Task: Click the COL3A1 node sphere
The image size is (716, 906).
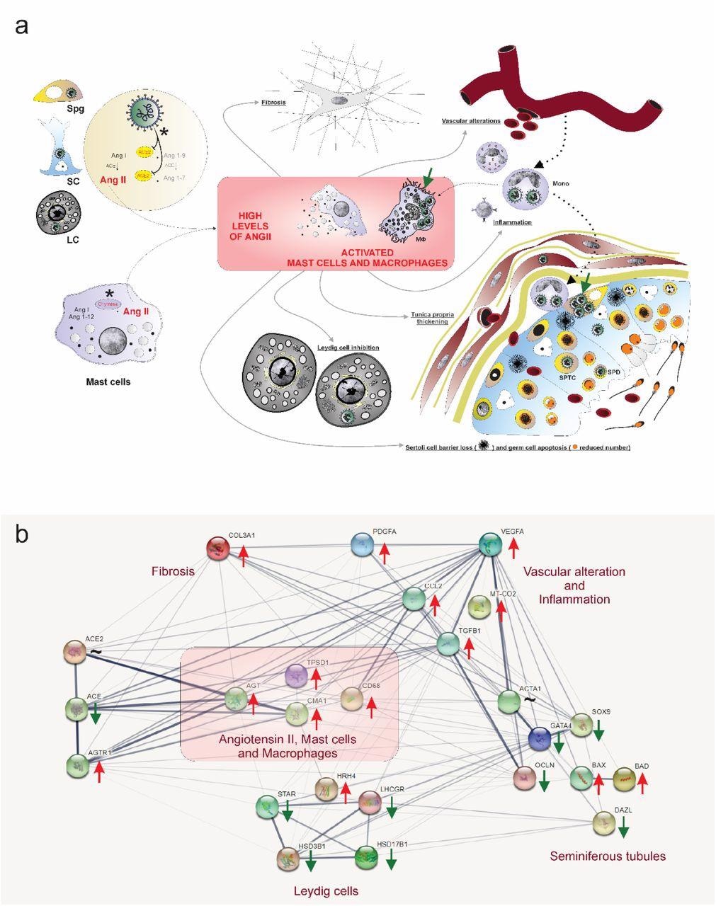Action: (219, 548)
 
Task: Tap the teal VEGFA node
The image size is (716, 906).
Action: (490, 544)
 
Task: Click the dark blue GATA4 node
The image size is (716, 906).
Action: (541, 739)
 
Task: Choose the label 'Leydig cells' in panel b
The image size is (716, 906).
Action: (326, 890)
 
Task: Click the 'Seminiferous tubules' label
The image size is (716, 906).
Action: (608, 856)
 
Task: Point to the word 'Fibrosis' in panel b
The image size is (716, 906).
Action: (173, 570)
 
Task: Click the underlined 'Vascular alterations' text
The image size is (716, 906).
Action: (471, 121)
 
